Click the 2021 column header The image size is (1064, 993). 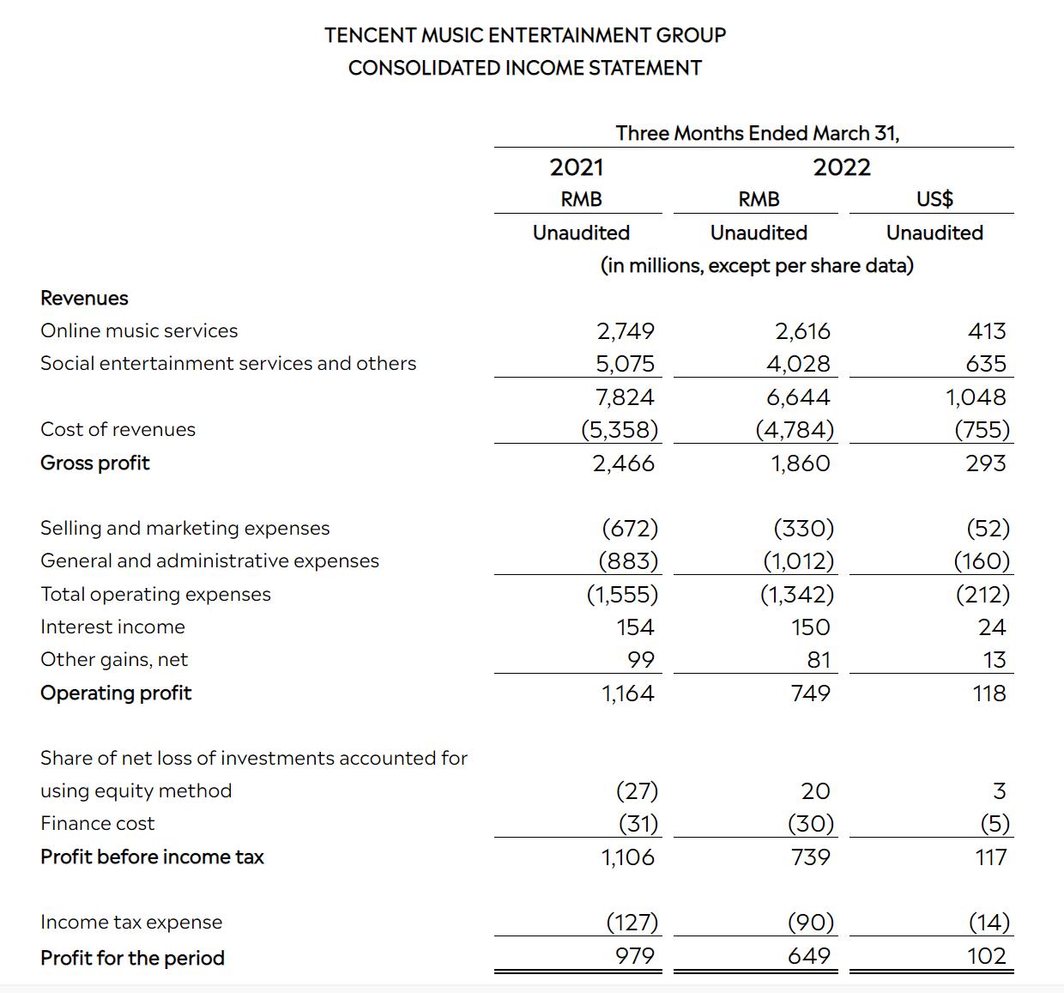click(x=577, y=167)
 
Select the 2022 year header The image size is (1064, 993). click(x=842, y=167)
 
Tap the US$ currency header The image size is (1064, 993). click(x=934, y=199)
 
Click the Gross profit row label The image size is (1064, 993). click(x=95, y=463)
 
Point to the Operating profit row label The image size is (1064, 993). click(x=116, y=693)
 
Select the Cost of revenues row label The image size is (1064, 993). click(x=118, y=429)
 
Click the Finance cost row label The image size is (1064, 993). click(x=98, y=823)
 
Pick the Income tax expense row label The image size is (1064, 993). click(x=131, y=922)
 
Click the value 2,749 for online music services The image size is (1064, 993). click(x=626, y=331)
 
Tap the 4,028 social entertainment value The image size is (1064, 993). click(x=798, y=364)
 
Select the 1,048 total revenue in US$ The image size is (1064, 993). click(x=975, y=397)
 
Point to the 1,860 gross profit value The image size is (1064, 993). click(x=800, y=463)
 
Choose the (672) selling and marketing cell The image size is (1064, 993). click(x=630, y=529)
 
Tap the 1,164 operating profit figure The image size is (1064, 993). click(x=627, y=693)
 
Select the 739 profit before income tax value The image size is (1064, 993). click(x=810, y=857)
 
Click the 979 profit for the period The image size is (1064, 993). click(x=634, y=956)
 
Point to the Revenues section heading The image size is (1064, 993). click(x=84, y=298)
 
